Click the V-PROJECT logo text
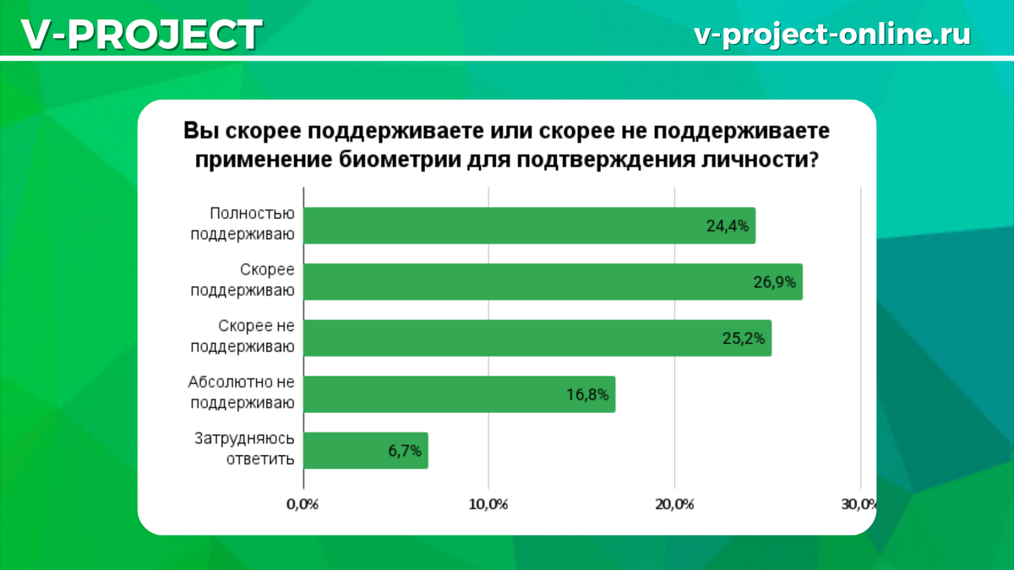pyautogui.click(x=142, y=35)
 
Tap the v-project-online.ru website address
pyautogui.click(x=831, y=34)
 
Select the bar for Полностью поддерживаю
pyautogui.click(x=507, y=225)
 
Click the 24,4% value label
pyautogui.click(x=728, y=226)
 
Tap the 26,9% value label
pyautogui.click(x=775, y=282)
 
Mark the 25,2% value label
pyautogui.click(x=744, y=339)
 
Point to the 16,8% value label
pyautogui.click(x=587, y=394)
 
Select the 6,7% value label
pyautogui.click(x=404, y=451)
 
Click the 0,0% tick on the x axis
pyautogui.click(x=302, y=505)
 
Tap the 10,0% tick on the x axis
pyautogui.click(x=488, y=505)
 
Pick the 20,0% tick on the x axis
pyautogui.click(x=673, y=505)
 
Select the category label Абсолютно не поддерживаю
pyautogui.click(x=242, y=393)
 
